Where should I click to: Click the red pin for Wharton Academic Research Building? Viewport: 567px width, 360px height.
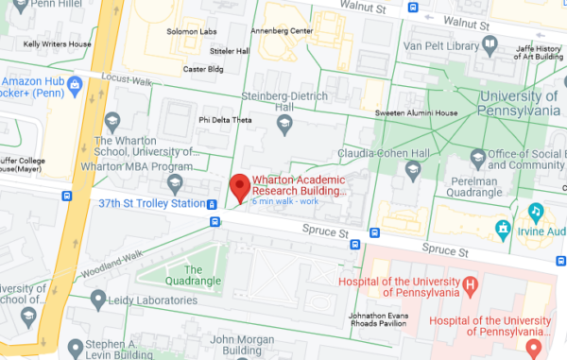pos(240,186)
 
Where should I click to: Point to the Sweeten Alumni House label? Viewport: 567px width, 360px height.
pos(418,113)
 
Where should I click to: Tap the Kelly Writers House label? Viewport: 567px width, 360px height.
pos(57,43)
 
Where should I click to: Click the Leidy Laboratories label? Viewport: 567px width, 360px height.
pos(151,300)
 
